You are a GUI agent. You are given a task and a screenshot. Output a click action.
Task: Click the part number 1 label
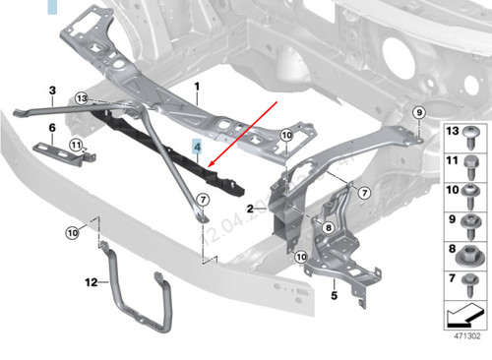pos(198,87)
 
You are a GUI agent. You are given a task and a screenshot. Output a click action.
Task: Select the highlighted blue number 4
pos(198,150)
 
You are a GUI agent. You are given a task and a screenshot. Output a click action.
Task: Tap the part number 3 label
pos(51,90)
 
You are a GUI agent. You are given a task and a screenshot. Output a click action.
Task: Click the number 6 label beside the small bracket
pos(51,128)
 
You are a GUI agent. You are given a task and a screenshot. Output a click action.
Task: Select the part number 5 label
pos(333,293)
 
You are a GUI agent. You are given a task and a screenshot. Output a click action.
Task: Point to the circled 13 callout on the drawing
pos(81,98)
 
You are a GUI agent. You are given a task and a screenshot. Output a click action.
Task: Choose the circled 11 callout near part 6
pos(75,146)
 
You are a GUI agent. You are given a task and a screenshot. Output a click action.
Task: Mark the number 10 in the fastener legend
pos(454,192)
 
